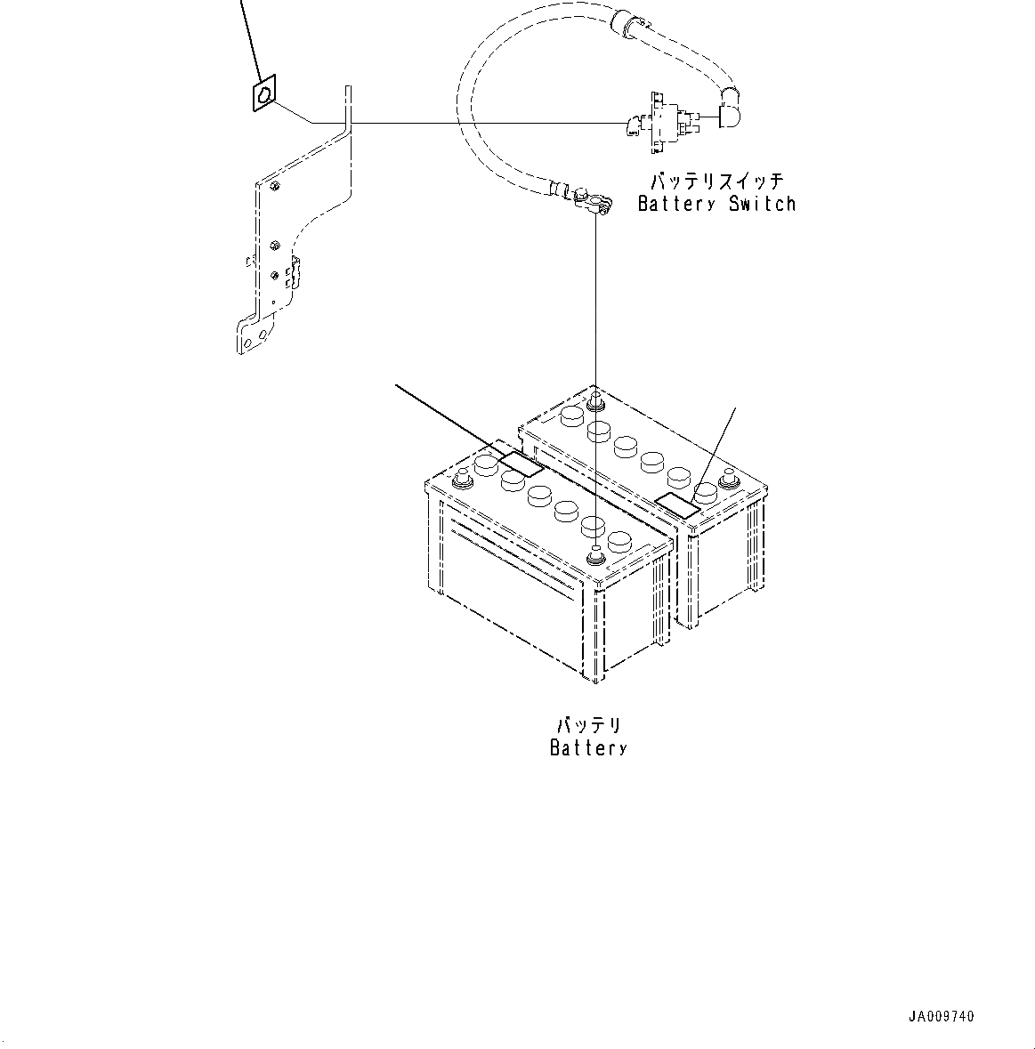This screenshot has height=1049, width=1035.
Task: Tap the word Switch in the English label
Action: [762, 204]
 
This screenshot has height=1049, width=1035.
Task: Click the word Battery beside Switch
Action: [676, 204]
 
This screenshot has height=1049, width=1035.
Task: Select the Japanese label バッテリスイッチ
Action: [716, 182]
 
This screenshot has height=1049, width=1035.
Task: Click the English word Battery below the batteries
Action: [588, 747]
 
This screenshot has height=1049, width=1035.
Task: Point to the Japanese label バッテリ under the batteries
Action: [588, 725]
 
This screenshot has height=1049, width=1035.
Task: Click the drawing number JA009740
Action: [942, 1016]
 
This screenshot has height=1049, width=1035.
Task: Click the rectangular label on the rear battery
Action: [678, 504]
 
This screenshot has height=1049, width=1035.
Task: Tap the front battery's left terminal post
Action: [463, 480]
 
